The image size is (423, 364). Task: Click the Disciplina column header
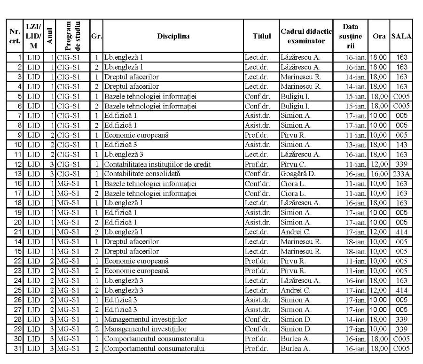pos(173,36)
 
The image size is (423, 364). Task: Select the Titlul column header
pos(261,36)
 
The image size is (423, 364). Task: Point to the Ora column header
pos(378,36)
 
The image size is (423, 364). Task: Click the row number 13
pos(19,173)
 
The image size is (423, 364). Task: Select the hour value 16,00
pos(378,173)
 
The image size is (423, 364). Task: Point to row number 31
pos(19,349)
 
